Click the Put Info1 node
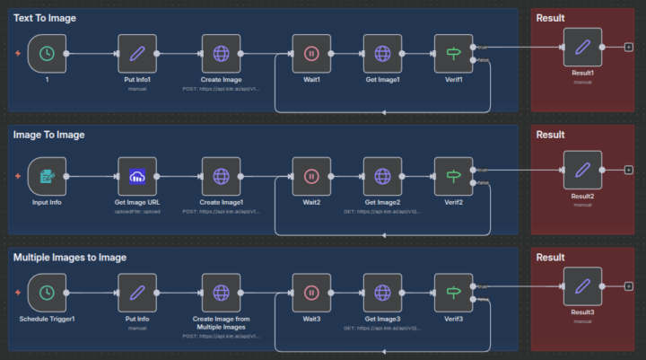pyautogui.click(x=136, y=54)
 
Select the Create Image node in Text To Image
pyautogui.click(x=221, y=54)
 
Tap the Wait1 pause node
pyautogui.click(x=311, y=54)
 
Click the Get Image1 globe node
pyautogui.click(x=382, y=54)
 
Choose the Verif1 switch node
pyautogui.click(x=453, y=54)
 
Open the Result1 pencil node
pyautogui.click(x=582, y=47)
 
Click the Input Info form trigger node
pyautogui.click(x=47, y=176)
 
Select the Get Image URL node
pyautogui.click(x=136, y=176)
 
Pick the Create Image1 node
pyautogui.click(x=221, y=176)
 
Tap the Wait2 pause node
pyautogui.click(x=311, y=176)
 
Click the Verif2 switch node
pyautogui.click(x=453, y=176)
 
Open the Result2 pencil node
pyautogui.click(x=582, y=169)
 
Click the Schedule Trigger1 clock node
pyautogui.click(x=47, y=293)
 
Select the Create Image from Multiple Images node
pyautogui.click(x=221, y=293)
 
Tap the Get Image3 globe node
pyautogui.click(x=382, y=293)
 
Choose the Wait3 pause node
pyautogui.click(x=311, y=293)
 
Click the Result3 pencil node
pyautogui.click(x=582, y=286)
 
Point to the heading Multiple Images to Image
pyautogui.click(x=70, y=258)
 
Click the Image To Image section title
pyautogui.click(x=49, y=135)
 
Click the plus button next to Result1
pyautogui.click(x=628, y=47)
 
